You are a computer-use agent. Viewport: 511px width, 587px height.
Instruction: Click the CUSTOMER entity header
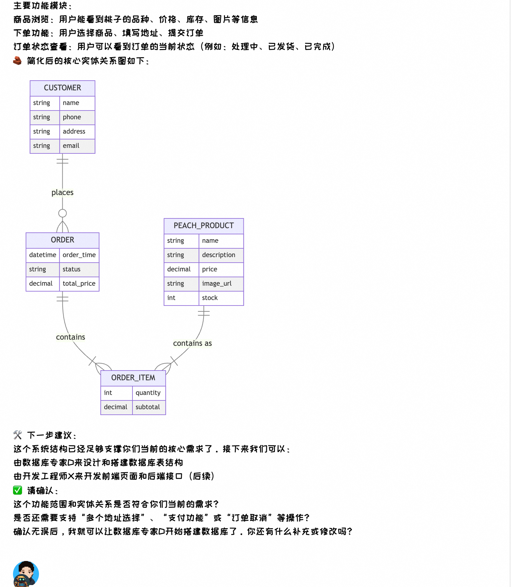pos(62,88)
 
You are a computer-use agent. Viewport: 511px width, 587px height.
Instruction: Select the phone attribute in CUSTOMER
pos(77,117)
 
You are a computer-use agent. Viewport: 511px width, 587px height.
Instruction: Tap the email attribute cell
pos(77,146)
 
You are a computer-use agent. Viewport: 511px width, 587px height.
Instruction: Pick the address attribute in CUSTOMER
pos(77,132)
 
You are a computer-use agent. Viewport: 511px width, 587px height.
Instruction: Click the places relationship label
pos(62,192)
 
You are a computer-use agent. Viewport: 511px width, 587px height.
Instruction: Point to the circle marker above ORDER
pos(62,213)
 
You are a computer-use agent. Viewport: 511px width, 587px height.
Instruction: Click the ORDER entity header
pos(62,240)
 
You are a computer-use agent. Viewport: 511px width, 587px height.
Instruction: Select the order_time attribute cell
pos(79,255)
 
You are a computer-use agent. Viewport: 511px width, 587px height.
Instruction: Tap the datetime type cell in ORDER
pos(43,255)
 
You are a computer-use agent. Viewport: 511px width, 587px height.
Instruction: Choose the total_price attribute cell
pos(79,284)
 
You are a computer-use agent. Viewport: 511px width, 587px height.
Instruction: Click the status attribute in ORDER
pos(79,269)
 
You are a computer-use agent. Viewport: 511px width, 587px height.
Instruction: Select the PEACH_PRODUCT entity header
pos(204,226)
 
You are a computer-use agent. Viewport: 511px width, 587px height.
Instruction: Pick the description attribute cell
pos(221,255)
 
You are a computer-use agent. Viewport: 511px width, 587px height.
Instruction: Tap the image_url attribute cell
pos(221,284)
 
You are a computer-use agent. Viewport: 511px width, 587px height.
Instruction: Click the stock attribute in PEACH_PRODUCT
pos(221,298)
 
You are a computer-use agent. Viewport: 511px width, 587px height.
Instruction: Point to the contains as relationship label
pos(192,343)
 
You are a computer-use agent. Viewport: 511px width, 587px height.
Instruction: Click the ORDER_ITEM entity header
pos(133,378)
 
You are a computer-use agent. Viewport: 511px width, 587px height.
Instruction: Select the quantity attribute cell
pos(148,393)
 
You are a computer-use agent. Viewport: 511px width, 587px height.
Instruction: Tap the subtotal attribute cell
pos(148,407)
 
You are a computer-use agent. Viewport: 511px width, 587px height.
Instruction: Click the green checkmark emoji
pos(18,490)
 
